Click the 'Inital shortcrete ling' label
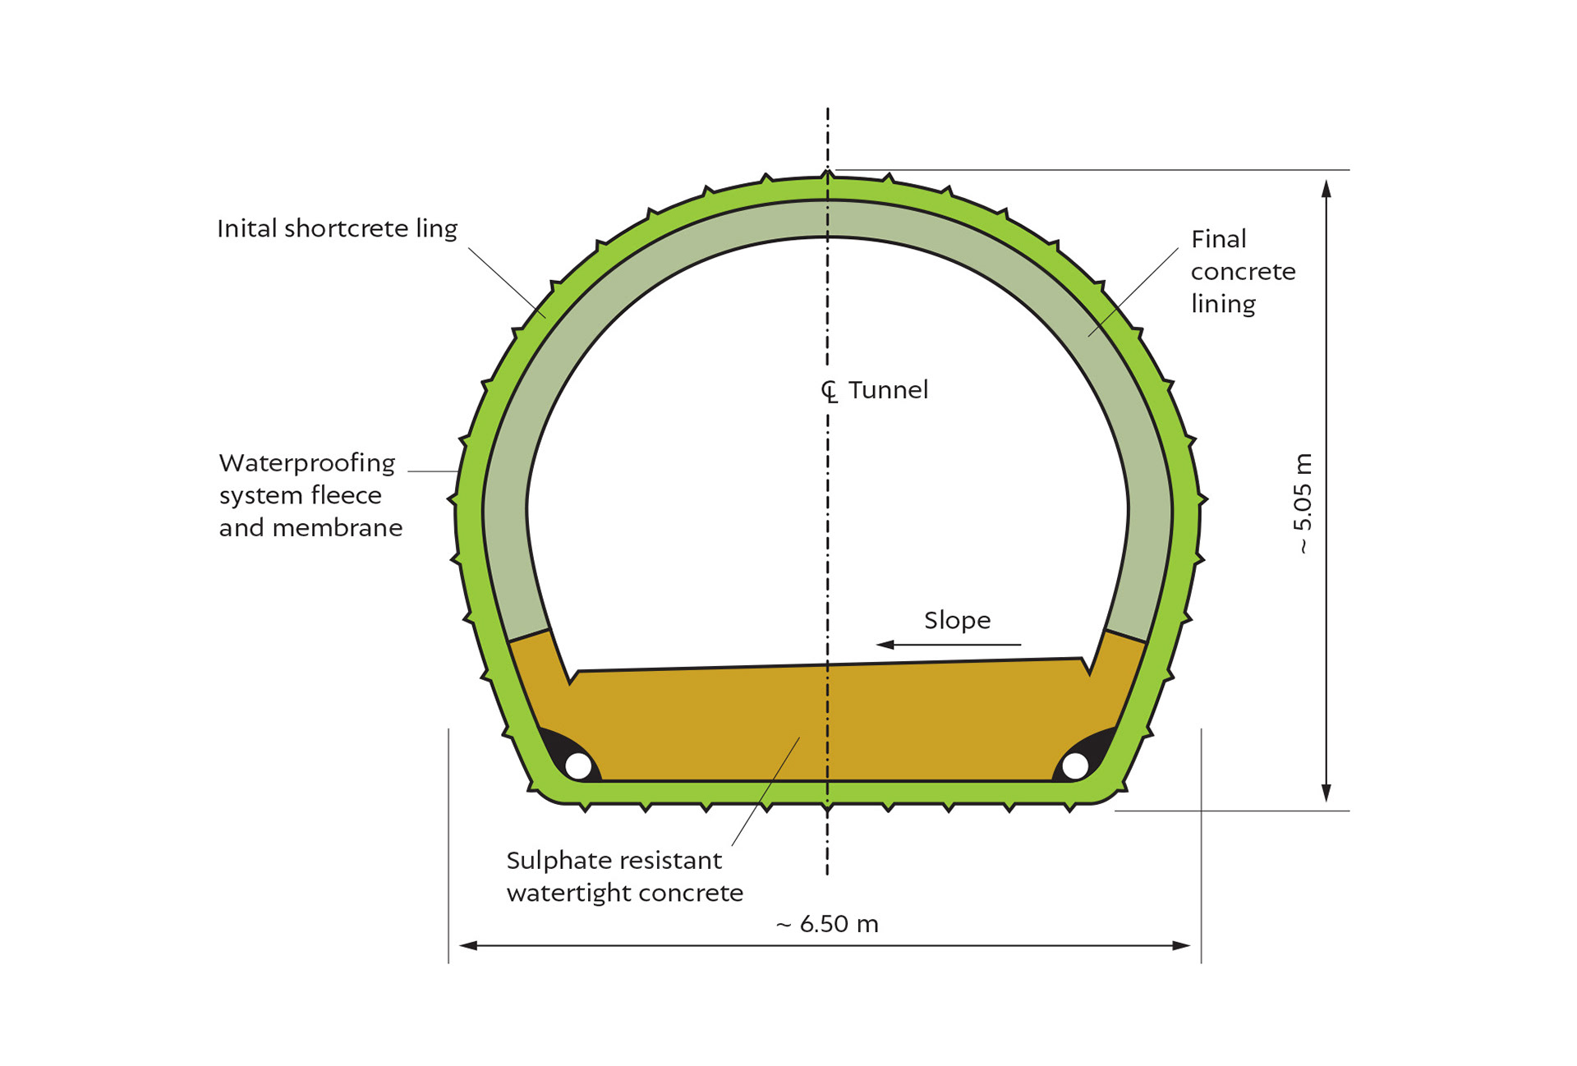pos(337,228)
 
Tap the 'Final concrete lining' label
pos(1242,271)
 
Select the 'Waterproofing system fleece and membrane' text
pos(310,495)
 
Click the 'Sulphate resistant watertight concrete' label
pos(624,876)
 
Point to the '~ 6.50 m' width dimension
pos(827,924)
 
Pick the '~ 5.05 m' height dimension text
pos(1303,503)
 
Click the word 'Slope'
pos(957,620)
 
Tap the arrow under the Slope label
pos(949,645)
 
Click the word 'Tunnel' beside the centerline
pos(888,390)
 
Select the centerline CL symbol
pos(830,392)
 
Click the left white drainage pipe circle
pos(579,765)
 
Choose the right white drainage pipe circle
pos(1075,765)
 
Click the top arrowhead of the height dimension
pos(1326,189)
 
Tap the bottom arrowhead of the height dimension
pos(1326,793)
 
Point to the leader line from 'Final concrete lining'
pos(1133,292)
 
